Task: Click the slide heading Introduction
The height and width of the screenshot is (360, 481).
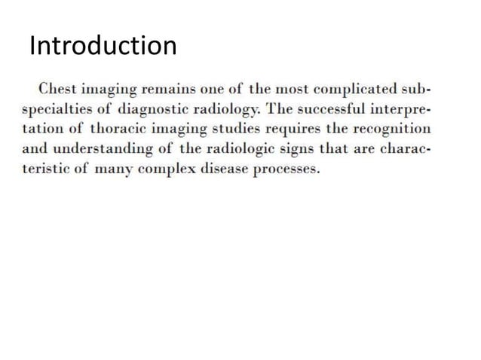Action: point(103,47)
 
